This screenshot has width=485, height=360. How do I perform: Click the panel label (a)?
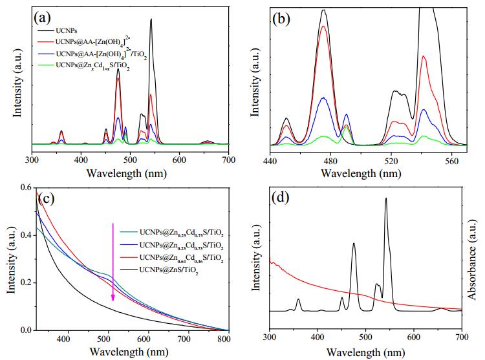point(42,18)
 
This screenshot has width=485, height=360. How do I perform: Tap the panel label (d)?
point(279,197)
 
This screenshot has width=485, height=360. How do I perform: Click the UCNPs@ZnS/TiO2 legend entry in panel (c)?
point(169,270)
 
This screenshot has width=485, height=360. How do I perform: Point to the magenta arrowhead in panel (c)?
point(113,297)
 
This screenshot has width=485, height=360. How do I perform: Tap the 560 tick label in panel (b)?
point(452,162)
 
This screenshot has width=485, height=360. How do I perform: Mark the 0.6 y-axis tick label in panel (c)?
point(26,187)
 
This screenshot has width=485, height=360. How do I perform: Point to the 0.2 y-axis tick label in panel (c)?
point(26,282)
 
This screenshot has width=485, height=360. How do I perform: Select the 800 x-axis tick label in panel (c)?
point(223,339)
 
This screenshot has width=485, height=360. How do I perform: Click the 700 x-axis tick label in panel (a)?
point(228,160)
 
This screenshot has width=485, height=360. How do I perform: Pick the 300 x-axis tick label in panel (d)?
point(270,337)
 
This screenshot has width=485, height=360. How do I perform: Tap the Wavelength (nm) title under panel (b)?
point(361,173)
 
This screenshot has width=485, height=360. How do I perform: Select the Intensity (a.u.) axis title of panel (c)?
point(11,260)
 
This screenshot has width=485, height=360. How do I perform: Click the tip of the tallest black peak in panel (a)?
point(151,19)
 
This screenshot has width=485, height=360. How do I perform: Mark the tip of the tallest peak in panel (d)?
point(386,198)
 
